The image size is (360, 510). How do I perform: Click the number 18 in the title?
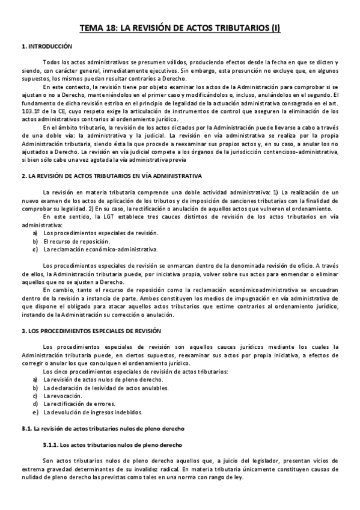pyautogui.click(x=110, y=28)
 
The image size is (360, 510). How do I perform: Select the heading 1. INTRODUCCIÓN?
pyautogui.click(x=46, y=46)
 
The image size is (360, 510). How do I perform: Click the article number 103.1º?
pyautogui.click(x=31, y=111)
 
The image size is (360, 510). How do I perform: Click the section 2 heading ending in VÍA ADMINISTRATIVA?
pyautogui.click(x=111, y=175)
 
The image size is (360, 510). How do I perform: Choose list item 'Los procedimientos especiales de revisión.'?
pyautogui.click(x=92, y=232)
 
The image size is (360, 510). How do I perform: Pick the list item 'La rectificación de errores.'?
pyautogui.click(x=81, y=404)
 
